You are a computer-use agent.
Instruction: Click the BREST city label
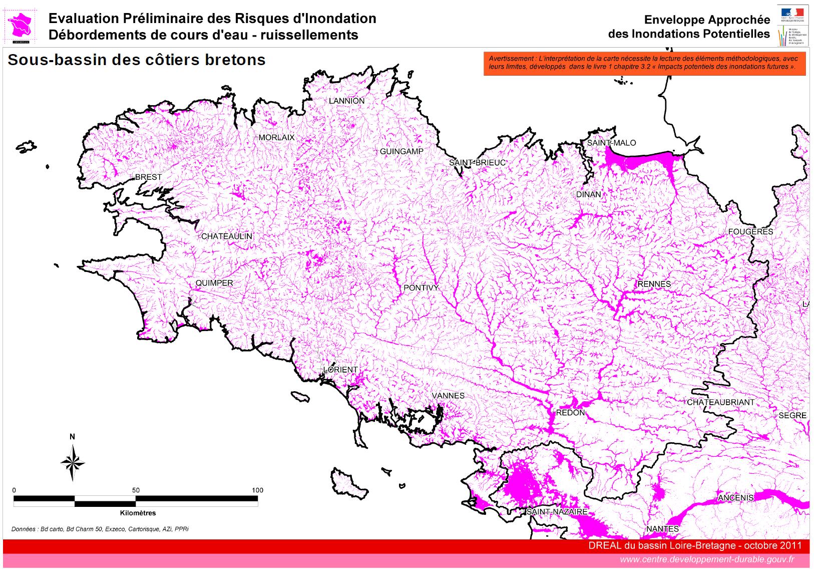tap(149, 177)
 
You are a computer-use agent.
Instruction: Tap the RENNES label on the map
tap(654, 284)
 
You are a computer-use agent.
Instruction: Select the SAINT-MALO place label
tap(611, 143)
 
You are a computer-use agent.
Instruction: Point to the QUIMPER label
tap(214, 283)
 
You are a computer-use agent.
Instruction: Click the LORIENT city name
tap(341, 370)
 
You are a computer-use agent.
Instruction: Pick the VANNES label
tap(448, 396)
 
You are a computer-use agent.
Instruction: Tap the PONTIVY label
tap(421, 288)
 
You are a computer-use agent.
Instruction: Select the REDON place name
tap(570, 413)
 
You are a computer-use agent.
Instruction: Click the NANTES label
tap(662, 529)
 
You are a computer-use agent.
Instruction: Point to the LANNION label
tap(346, 101)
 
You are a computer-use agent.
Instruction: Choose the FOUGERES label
tap(750, 231)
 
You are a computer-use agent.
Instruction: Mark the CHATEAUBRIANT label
tap(720, 402)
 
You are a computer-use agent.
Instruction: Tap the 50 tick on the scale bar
tap(136, 490)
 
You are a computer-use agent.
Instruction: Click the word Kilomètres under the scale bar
tap(138, 513)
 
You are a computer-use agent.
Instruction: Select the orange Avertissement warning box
tap(644, 64)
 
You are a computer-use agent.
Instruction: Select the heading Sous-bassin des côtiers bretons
tap(137, 60)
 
